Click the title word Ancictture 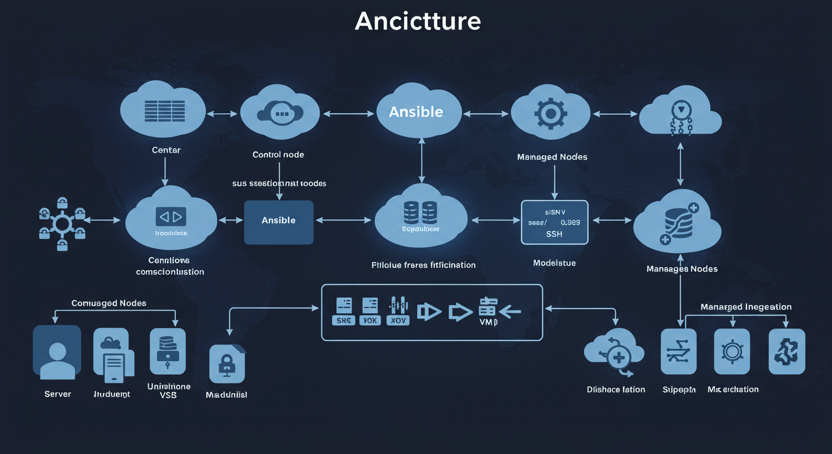418,22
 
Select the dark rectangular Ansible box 278,222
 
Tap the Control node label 278,155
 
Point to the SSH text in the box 554,234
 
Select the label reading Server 57,394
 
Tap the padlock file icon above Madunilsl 227,364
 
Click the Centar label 166,150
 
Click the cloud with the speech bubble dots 280,113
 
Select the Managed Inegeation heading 746,307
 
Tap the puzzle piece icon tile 786,352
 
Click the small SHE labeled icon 344,311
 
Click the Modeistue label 554,262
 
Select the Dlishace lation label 616,390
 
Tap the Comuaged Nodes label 109,303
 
